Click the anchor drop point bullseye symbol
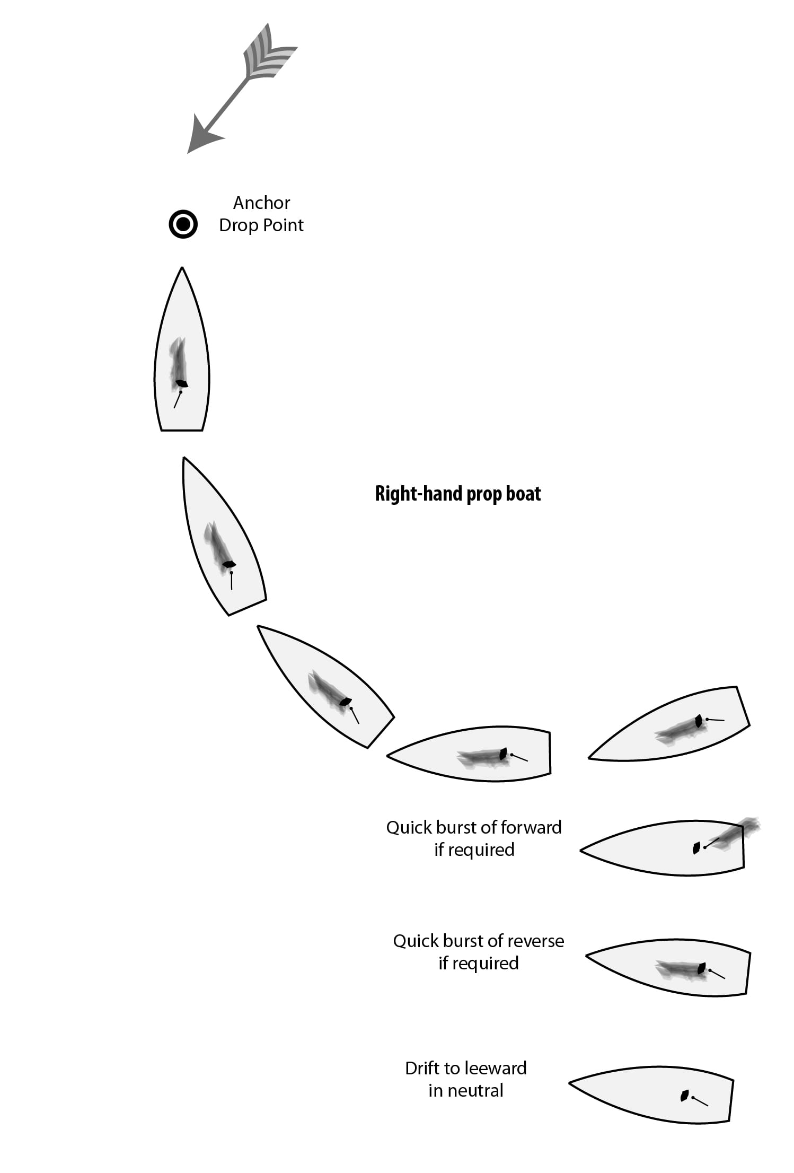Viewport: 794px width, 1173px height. pos(183,224)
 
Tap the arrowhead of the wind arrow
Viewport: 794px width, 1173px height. pos(201,136)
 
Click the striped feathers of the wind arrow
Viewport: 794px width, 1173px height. pos(269,54)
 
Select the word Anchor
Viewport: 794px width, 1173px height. pos(261,203)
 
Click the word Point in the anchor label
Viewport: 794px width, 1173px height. pos(284,225)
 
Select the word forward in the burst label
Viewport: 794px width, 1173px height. pos(531,827)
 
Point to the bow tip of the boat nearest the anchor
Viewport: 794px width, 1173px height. pos(182,268)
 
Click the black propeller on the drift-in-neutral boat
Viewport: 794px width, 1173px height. pos(684,1095)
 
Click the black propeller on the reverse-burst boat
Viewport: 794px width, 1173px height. pos(702,968)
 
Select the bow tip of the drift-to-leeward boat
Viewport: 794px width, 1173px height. pos(570,1083)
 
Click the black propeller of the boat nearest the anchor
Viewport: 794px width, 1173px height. pos(181,383)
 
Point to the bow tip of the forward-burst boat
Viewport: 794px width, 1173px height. pos(581,851)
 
